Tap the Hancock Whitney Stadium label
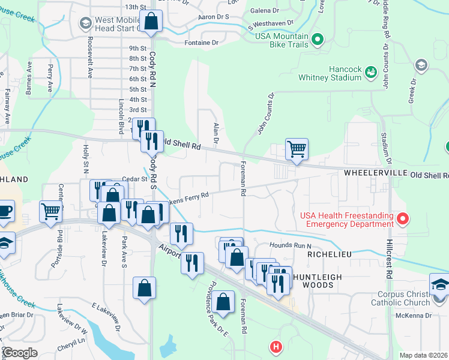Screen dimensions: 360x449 (x=330, y=72)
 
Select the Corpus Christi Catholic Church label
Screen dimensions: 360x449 (x=396, y=298)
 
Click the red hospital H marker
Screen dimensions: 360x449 (x=276, y=346)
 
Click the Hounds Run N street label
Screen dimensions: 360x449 (x=291, y=245)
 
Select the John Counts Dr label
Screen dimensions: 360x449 (x=266, y=113)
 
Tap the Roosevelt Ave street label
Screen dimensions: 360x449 (x=89, y=61)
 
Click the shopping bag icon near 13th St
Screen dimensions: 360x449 (x=151, y=21)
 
